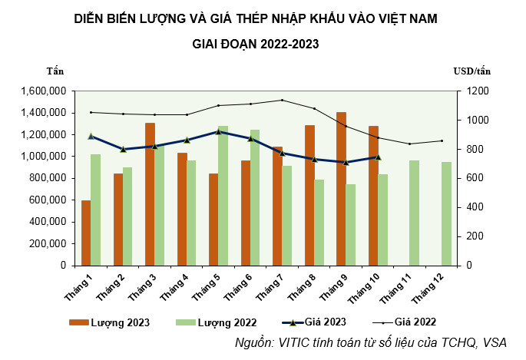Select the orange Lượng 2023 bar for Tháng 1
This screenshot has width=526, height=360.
86,233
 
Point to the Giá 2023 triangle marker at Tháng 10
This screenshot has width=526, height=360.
378,157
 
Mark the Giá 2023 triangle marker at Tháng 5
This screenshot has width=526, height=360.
218,131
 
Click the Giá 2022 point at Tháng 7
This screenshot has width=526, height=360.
282,100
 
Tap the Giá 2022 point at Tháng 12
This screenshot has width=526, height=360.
442,140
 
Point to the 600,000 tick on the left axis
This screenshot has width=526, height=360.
50,200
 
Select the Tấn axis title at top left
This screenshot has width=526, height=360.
55,71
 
